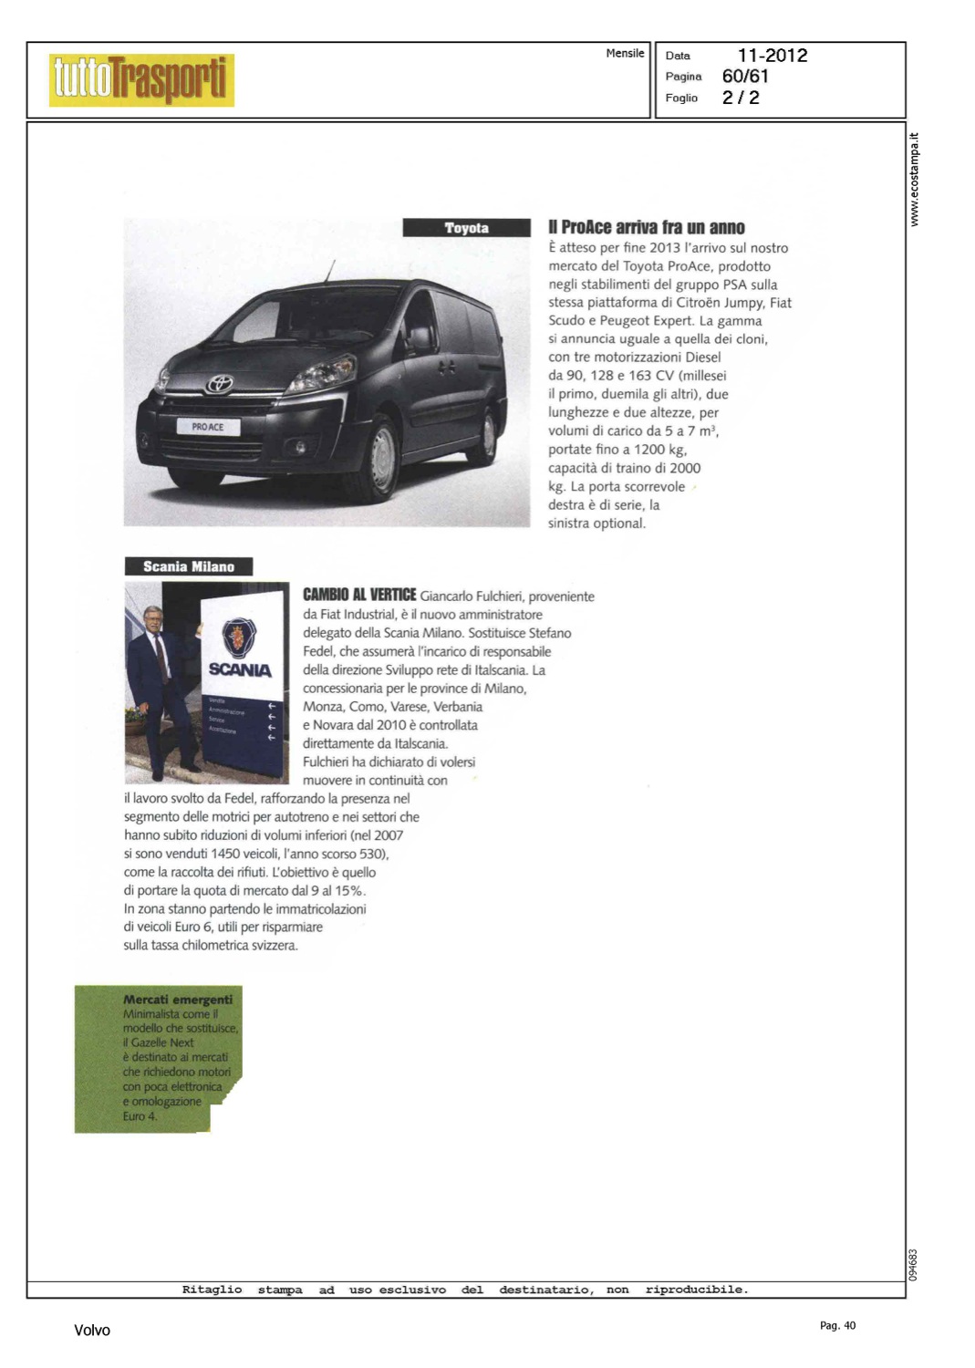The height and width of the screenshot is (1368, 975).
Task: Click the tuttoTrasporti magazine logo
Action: coord(141,79)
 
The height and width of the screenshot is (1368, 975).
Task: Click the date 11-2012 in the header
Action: coord(772,56)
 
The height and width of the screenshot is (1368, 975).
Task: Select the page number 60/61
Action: coord(745,77)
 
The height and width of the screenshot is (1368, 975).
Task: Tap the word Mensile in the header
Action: coord(625,54)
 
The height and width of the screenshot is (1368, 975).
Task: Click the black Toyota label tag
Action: coord(466,228)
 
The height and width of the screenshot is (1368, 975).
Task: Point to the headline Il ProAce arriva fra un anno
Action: coord(646,228)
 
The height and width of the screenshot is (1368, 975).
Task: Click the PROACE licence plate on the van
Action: coord(208,427)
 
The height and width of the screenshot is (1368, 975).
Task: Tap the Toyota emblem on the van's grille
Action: coord(219,385)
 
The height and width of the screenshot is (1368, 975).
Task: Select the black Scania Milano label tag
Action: coord(189,566)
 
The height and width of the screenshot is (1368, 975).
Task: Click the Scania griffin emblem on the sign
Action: coord(240,637)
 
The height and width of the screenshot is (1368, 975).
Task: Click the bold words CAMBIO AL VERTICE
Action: coord(359,595)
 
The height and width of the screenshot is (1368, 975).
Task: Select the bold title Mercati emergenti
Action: coord(178,1000)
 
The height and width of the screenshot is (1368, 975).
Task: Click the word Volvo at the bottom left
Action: coord(92,1331)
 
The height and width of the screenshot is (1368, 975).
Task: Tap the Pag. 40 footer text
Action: coord(837,1326)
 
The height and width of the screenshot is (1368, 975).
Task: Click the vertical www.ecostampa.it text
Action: coord(915,180)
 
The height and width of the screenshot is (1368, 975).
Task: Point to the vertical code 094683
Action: coord(914,1265)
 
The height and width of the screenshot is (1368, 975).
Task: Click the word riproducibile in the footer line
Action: coord(696,1290)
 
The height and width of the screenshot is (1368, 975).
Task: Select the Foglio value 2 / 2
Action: coord(741,98)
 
